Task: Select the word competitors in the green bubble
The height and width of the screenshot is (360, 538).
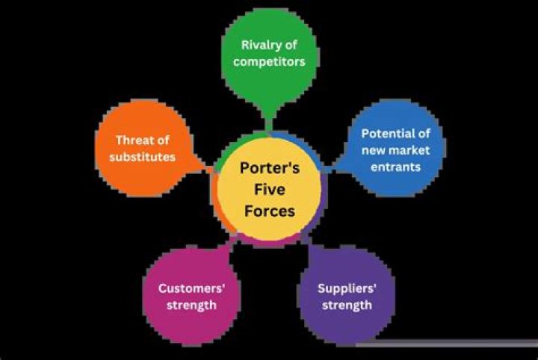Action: [269, 61]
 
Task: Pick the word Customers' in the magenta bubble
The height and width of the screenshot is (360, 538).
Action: [188, 288]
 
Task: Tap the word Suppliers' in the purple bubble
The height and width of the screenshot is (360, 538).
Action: [344, 288]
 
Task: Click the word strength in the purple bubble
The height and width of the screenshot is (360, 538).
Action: [344, 305]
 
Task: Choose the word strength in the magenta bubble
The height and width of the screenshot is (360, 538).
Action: [188, 305]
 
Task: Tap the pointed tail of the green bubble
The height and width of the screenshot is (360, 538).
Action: [268, 120]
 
